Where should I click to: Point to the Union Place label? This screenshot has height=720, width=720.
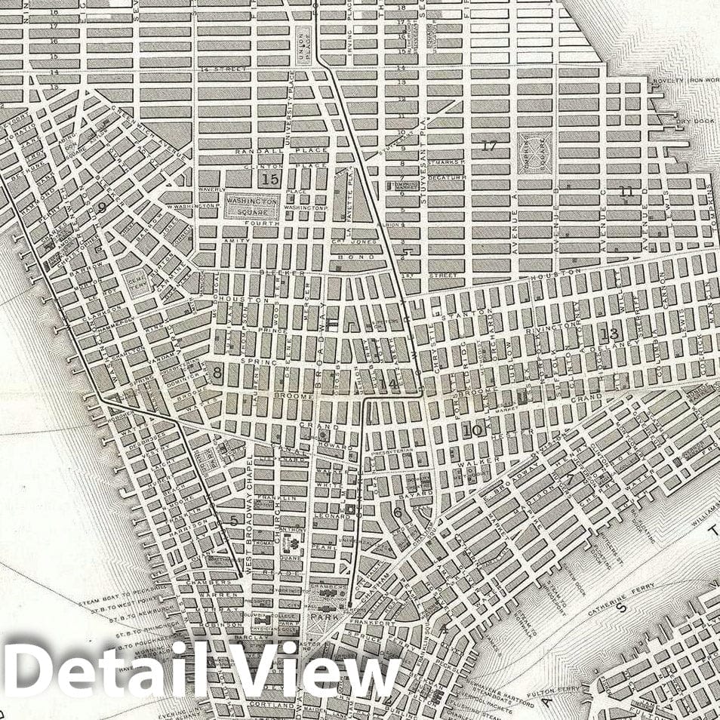pos(303,42)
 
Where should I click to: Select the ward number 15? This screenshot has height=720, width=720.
pos(269,180)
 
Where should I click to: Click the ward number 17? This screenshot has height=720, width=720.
pos(488,146)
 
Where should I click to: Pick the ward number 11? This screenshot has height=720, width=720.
pos(626,192)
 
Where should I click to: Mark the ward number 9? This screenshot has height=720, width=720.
pos(101,208)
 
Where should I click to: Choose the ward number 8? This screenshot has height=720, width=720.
pos(217,372)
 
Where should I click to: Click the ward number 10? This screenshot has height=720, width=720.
pos(472,431)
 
